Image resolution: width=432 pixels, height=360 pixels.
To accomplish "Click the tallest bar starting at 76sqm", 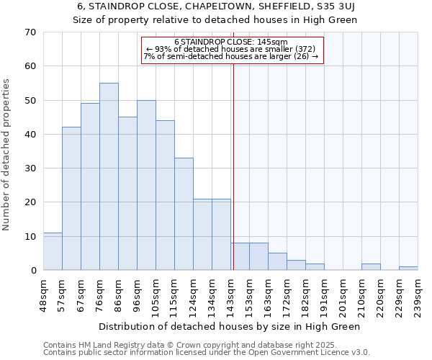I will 109,176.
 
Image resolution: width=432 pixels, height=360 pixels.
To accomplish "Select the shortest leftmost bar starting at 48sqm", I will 53,251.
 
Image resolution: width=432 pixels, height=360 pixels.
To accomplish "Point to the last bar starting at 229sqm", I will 408,269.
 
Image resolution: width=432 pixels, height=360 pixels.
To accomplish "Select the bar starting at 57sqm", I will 71,199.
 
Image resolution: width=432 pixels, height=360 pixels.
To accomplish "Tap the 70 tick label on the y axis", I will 30,32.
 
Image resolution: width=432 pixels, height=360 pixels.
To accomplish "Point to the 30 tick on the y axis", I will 30,168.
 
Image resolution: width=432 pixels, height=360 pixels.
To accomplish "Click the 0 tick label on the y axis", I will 32,271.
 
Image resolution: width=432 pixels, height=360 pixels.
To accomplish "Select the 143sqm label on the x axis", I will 230,294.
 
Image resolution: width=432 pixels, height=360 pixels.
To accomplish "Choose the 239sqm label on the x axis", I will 418,294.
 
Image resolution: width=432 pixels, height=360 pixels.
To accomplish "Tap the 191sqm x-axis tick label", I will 324,294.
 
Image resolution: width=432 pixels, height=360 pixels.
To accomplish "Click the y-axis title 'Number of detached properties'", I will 7,155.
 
